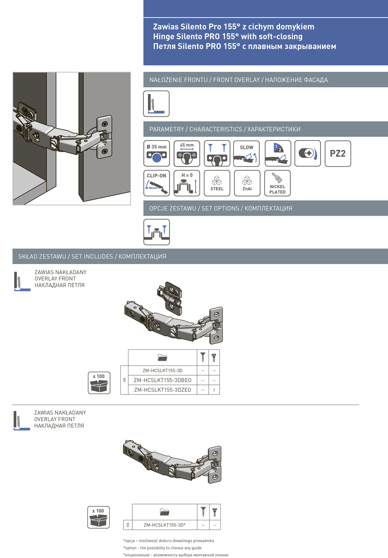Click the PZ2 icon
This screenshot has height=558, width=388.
point(338,154)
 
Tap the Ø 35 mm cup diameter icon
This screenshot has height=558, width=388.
point(156,154)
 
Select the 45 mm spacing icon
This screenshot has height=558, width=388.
point(187,154)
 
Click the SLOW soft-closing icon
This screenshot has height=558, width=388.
point(246,154)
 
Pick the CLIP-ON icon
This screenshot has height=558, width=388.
point(156,183)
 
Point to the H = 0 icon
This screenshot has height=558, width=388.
point(187,183)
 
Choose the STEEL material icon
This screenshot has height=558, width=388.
point(217,183)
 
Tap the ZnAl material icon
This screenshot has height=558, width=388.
point(247,183)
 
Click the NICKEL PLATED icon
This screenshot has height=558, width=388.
point(277,183)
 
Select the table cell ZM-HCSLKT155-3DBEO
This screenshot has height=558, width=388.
point(163,380)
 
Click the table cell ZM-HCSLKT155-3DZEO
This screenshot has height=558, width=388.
point(163,390)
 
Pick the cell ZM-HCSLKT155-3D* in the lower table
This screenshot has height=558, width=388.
point(165,525)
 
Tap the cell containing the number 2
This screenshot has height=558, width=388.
point(214,390)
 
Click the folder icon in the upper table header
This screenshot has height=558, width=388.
point(163,357)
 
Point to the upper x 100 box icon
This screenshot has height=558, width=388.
point(99,383)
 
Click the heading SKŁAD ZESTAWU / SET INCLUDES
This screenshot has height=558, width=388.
point(92,256)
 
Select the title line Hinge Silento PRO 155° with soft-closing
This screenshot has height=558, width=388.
point(228,36)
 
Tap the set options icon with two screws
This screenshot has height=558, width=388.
point(156,232)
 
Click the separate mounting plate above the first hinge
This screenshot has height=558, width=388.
point(170,297)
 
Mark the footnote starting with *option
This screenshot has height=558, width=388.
point(162,548)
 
